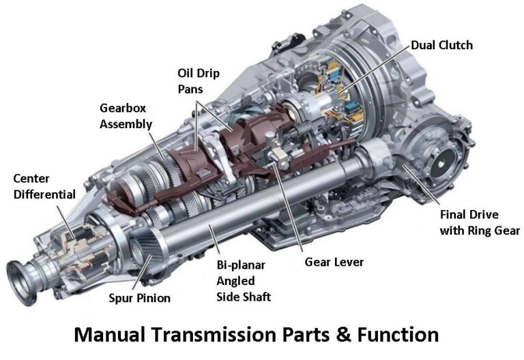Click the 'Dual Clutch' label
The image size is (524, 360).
(441, 45)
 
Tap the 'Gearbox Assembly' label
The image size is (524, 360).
(126, 117)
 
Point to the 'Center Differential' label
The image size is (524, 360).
(44, 186)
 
